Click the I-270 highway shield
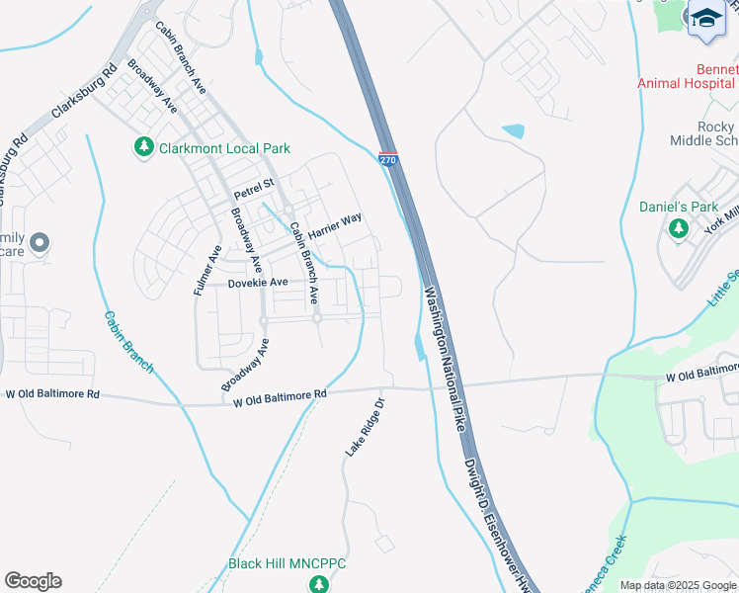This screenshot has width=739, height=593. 387,160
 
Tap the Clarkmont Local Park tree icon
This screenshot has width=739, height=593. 144,148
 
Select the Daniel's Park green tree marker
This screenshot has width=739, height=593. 678,228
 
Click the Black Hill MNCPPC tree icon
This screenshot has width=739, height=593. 318,584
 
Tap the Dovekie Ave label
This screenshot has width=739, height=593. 257,283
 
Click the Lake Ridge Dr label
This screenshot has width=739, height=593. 363,427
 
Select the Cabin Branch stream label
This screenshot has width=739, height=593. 129,342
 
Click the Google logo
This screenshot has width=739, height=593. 33,581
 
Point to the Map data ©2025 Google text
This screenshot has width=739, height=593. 676,585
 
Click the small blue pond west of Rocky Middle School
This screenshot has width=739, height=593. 513,130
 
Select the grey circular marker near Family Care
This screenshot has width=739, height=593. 40,242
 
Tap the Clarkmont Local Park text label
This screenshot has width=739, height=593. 224,148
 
